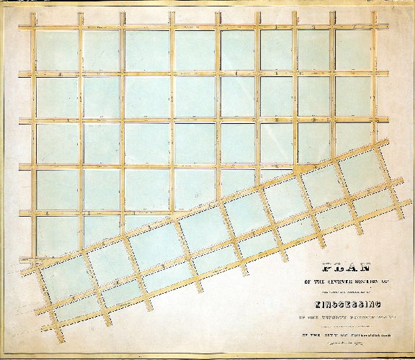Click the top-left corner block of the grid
coord(56,50)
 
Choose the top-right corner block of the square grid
coord(353,50)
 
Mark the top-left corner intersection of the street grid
coord(32,28)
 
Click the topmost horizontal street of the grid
coord(202,28)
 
